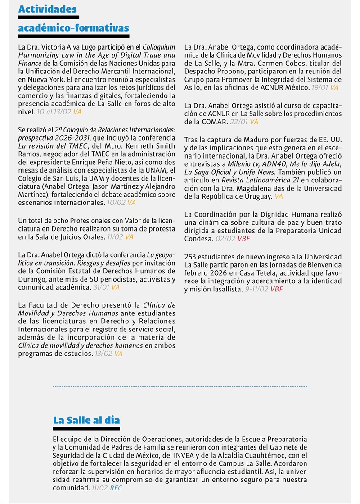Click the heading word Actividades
point(47,9)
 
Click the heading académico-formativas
point(73,28)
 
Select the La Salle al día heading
point(86,420)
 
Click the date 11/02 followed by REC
point(99,488)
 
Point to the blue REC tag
point(116,488)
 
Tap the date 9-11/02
point(256,289)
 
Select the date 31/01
point(102,287)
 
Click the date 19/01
point(320,87)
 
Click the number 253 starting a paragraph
point(191,257)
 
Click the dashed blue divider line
point(180,386)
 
